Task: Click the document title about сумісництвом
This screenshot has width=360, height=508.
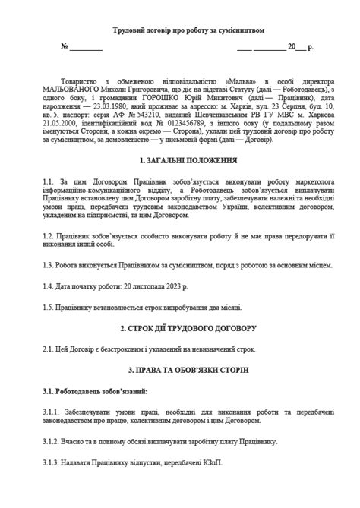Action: pyautogui.click(x=179, y=30)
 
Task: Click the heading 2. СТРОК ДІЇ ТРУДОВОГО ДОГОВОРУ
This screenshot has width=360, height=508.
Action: pyautogui.click(x=179, y=327)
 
